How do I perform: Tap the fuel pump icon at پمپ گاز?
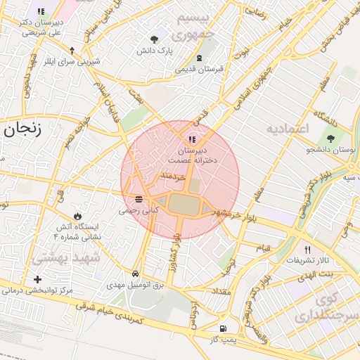(x=224, y=328)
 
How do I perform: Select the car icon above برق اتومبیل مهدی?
(x=134, y=274)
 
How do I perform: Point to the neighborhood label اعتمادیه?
(x=288, y=129)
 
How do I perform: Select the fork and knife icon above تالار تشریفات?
(x=307, y=250)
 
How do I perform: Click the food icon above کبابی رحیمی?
(x=138, y=198)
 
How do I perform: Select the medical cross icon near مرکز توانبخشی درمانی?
(x=37, y=279)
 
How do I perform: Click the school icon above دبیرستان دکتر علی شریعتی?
(x=41, y=11)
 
